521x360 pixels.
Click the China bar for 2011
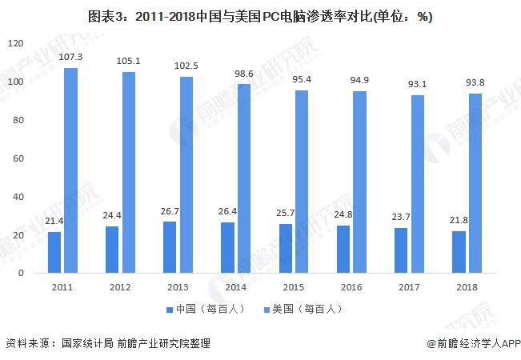click(54, 252)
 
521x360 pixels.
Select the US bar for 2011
click(70, 170)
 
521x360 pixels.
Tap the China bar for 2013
click(170, 247)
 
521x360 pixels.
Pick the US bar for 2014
click(244, 178)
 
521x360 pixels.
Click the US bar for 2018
click(475, 183)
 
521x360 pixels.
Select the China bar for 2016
click(343, 250)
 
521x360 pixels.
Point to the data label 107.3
click(70, 57)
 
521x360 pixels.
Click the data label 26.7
click(170, 211)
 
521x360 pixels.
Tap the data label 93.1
click(417, 84)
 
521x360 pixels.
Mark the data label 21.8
click(459, 220)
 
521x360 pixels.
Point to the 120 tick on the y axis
click(16, 43)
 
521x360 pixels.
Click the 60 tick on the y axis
click(18, 158)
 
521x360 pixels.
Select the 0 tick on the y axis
click(21, 273)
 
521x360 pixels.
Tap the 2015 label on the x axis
click(294, 287)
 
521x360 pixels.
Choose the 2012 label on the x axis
click(120, 287)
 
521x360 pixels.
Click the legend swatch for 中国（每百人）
click(170, 310)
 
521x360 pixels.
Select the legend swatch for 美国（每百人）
click(267, 310)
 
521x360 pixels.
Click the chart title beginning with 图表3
click(260, 16)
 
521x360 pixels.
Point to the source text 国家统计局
click(88, 343)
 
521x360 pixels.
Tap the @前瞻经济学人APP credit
click(474, 343)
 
